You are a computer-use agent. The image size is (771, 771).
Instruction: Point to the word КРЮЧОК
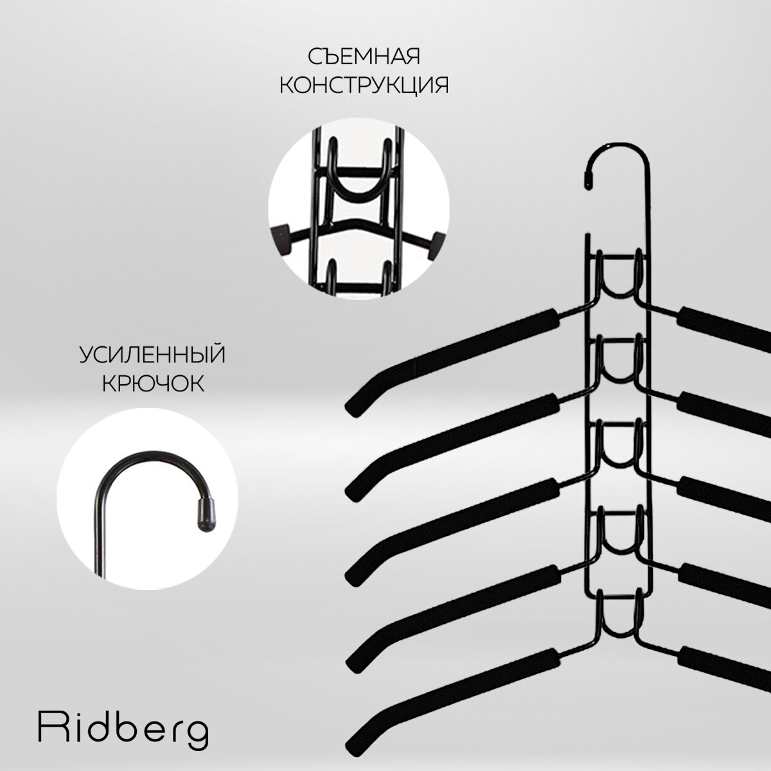(x=153, y=384)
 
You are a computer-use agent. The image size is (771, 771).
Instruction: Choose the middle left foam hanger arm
(x=450, y=523)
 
